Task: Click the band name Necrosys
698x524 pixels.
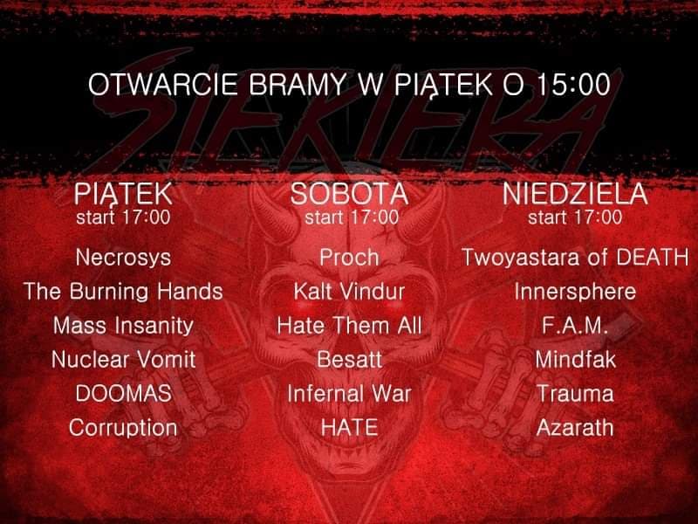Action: point(123,258)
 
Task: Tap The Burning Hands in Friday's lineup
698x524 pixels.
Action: point(123,292)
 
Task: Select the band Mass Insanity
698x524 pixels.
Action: point(123,326)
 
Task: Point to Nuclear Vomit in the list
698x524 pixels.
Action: point(123,359)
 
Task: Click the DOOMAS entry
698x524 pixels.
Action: point(123,394)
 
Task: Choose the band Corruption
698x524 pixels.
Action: point(123,428)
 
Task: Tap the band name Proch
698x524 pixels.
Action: point(349,258)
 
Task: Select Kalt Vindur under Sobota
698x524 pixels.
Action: point(349,292)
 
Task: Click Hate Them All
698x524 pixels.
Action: point(349,325)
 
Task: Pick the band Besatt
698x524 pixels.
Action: point(349,359)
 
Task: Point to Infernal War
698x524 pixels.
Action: point(349,394)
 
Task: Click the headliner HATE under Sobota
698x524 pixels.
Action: point(349,428)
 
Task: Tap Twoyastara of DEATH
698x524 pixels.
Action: point(575,258)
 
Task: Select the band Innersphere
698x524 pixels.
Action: point(575,292)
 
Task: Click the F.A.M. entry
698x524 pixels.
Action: point(575,325)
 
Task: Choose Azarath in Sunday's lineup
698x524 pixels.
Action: point(575,428)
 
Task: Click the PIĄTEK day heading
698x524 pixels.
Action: point(123,194)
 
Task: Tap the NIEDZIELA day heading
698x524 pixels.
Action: point(575,194)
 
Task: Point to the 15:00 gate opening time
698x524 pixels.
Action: point(573,84)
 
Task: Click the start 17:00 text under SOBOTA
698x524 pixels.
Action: point(352,217)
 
